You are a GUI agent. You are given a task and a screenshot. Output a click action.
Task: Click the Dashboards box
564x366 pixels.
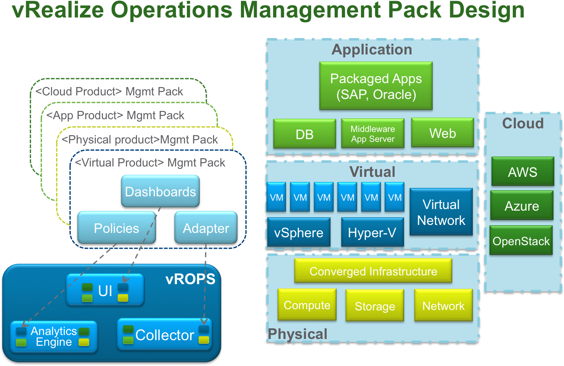click(160, 192)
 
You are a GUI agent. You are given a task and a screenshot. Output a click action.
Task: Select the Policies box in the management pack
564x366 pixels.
click(116, 228)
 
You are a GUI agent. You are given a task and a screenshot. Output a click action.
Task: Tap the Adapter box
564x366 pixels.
click(206, 228)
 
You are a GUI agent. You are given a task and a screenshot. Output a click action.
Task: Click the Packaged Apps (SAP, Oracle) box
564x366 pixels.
click(376, 86)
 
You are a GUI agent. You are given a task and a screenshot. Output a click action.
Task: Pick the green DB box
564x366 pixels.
click(304, 134)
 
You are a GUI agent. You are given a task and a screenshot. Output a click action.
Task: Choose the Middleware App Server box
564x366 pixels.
click(372, 134)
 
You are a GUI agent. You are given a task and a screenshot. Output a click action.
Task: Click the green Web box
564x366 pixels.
click(442, 133)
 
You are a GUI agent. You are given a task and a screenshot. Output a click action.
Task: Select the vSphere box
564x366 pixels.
click(298, 232)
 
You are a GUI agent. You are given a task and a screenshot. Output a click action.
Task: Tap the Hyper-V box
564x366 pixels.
click(372, 232)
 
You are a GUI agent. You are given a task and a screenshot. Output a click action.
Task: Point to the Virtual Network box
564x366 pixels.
click(441, 212)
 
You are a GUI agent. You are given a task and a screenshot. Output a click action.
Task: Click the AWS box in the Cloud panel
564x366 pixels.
click(522, 172)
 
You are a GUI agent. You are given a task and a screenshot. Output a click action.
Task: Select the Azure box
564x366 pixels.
click(521, 206)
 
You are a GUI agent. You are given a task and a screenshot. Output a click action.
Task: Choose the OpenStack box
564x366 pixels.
click(521, 241)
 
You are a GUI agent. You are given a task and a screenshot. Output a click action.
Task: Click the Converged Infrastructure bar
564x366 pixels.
click(373, 271)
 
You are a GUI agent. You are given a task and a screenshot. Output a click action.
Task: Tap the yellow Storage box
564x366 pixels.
click(374, 306)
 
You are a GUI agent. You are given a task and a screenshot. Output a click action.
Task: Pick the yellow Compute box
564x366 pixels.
click(307, 305)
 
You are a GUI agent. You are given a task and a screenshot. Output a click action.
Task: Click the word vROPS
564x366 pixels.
click(190, 279)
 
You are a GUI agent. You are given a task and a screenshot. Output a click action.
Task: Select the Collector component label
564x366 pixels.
click(165, 335)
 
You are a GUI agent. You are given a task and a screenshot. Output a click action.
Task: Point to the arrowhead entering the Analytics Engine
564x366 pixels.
click(23, 324)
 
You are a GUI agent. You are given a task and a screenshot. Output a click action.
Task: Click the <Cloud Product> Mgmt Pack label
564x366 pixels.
click(109, 91)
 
